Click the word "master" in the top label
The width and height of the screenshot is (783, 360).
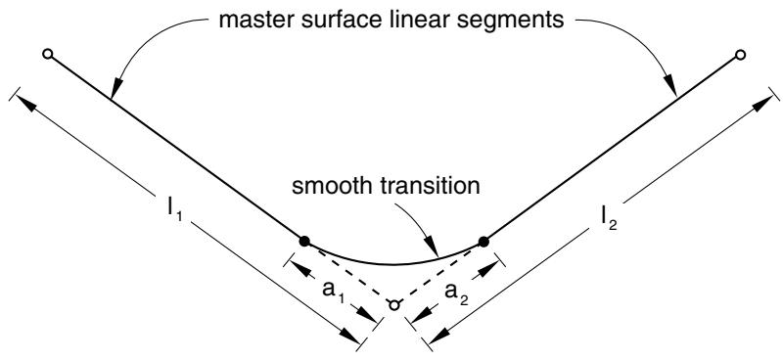click(255, 21)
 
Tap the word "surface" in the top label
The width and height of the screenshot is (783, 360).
click(334, 21)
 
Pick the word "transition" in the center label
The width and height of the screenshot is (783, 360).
click(428, 186)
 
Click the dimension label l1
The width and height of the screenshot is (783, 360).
click(173, 212)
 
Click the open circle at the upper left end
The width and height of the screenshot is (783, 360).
click(47, 54)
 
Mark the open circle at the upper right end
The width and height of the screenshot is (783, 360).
click(740, 55)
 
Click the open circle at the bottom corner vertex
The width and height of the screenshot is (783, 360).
click(394, 304)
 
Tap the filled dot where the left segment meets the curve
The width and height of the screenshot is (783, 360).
click(304, 242)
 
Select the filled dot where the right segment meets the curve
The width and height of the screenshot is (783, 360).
click(483, 242)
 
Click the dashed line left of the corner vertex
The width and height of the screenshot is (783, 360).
click(349, 273)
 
